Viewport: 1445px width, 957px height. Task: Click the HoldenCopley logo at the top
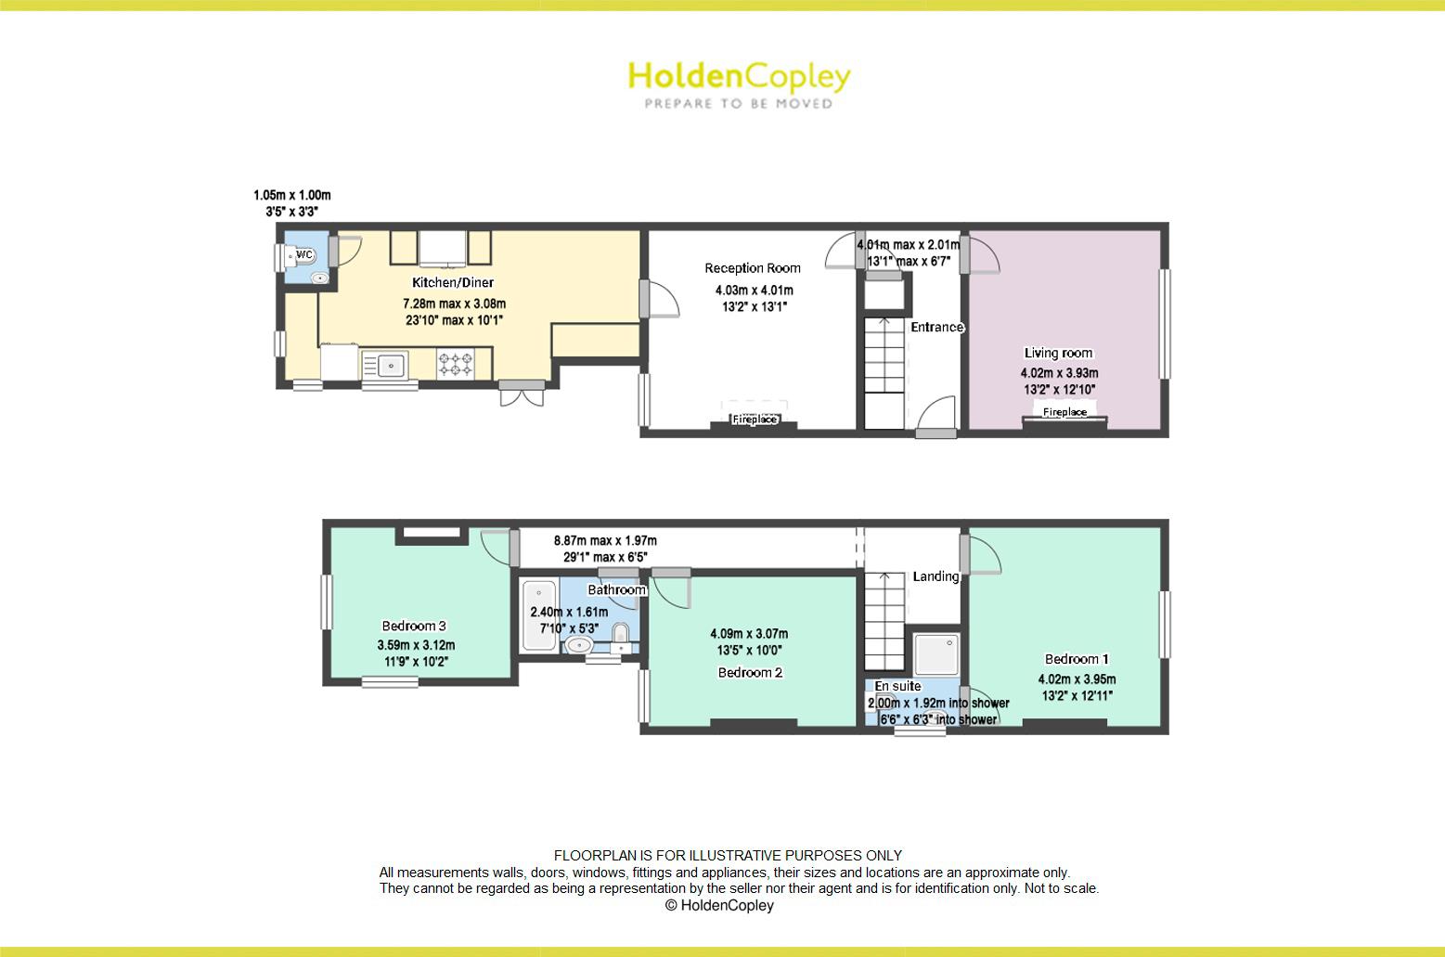[x=739, y=84]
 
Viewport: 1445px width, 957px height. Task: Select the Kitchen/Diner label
[x=453, y=282]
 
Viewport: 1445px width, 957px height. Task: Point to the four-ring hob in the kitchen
[x=455, y=363]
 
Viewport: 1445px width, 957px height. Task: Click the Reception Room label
[x=752, y=268]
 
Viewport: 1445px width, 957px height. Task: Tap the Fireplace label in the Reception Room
[x=755, y=420]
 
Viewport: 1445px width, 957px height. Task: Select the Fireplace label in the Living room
[x=1064, y=411]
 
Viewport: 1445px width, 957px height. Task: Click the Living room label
[x=1058, y=353]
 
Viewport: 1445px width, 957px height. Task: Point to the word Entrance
[x=936, y=327]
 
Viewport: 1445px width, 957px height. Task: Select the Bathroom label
[x=616, y=589]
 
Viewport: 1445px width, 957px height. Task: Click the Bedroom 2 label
[x=750, y=672]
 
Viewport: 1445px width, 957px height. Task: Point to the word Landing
[x=935, y=576]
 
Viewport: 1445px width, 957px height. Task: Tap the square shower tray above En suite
[x=934, y=653]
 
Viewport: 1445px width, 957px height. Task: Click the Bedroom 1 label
[x=1077, y=659]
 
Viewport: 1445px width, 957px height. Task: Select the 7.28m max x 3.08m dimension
[x=454, y=304]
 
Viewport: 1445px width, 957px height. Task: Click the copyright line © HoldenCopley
[x=719, y=905]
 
